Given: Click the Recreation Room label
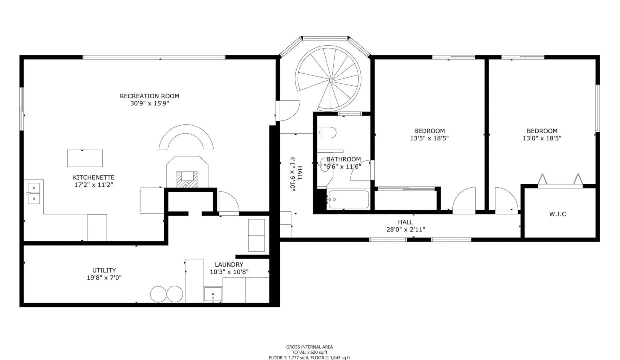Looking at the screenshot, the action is click(149, 96).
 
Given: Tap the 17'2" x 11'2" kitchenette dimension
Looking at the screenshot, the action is click(94, 185).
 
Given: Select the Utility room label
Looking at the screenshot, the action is click(104, 270).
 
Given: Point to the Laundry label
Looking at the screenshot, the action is click(229, 264).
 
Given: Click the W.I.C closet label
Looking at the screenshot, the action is click(557, 214).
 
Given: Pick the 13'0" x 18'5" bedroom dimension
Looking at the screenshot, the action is click(542, 138).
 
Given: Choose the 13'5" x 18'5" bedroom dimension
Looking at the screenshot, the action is click(429, 138).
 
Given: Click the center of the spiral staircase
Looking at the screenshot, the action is click(331, 80).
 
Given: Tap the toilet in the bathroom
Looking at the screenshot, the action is click(327, 132).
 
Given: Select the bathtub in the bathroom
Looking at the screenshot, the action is click(348, 199).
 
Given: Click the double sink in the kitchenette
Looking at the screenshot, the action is click(33, 193).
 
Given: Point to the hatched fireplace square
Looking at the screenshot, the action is click(187, 179).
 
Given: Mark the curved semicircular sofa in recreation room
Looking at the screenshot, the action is click(186, 130).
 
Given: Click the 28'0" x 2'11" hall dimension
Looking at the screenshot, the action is click(406, 229).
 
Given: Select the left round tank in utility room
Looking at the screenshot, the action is click(158, 294).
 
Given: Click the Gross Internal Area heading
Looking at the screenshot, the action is click(309, 347).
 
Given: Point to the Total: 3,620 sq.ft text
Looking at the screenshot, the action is click(309, 352).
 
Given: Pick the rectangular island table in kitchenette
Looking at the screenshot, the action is click(85, 158).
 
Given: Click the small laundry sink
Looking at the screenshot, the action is click(213, 295).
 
